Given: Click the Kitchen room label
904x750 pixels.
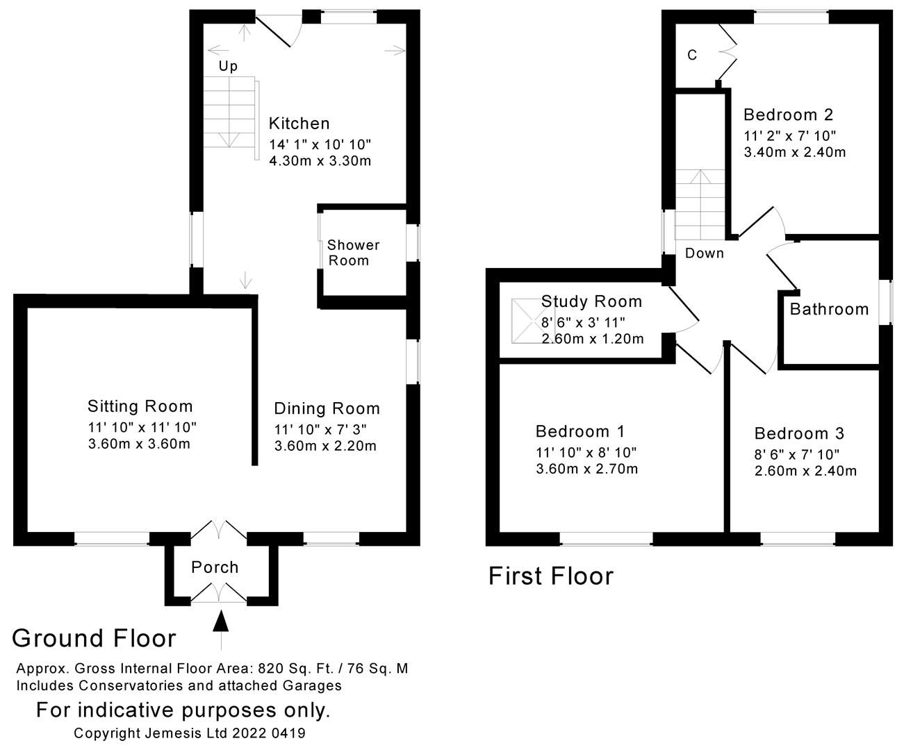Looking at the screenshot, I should coord(299,124).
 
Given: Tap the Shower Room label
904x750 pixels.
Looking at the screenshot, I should coord(353,253).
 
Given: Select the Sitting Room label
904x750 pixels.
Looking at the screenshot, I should coord(140,406).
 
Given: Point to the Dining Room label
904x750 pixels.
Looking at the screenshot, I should coord(327,408).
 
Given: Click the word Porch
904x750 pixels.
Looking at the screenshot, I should coord(215,567).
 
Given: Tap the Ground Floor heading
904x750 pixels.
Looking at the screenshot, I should coord(94,638).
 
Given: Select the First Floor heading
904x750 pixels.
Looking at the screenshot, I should coord(551,576).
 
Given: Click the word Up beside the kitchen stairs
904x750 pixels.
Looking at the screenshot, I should coord(228,66).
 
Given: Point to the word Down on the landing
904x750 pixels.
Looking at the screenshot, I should coord(704,253).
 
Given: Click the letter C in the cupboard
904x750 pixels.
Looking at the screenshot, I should coord(692,55).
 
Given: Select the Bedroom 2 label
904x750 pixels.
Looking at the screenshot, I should coord(788,115).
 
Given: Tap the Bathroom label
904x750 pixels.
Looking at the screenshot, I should coord(829,309).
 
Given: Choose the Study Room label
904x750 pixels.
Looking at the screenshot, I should coord(591,301).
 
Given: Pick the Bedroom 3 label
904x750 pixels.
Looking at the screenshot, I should coord(799,434).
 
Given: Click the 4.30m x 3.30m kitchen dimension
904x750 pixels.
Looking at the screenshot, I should coord(320,161).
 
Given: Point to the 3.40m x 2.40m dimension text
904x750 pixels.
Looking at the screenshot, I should coord(794,152).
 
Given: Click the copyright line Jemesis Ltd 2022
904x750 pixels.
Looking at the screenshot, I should coord(190,733).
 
